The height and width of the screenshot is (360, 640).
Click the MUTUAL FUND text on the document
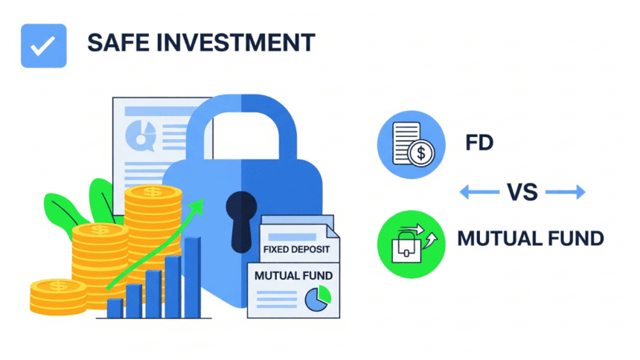point(293,275)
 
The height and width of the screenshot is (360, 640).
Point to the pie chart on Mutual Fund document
point(317,299)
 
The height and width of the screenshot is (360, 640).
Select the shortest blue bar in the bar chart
point(115,307)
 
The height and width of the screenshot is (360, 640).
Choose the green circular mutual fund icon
point(411,240)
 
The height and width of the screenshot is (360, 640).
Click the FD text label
point(480,142)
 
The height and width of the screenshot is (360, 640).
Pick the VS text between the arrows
point(522,193)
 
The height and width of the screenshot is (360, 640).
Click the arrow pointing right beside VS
point(567,193)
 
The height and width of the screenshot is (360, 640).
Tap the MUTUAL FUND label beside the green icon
point(530,239)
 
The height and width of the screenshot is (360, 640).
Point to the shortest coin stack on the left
point(58,296)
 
